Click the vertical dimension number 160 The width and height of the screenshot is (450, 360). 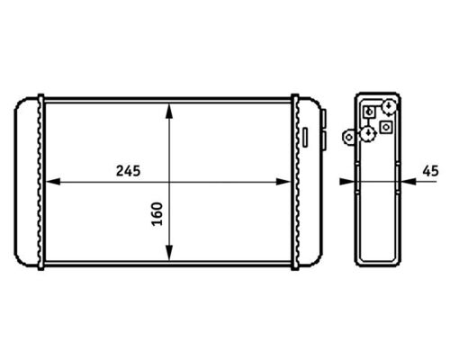click(x=157, y=215)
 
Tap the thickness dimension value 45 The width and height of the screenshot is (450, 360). click(x=429, y=169)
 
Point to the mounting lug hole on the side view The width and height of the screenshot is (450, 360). click(x=348, y=138)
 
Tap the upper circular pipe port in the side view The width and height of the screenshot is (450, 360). click(x=388, y=106)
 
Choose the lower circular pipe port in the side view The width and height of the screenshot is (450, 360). click(x=368, y=133)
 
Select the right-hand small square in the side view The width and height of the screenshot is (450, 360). click(x=387, y=128)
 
